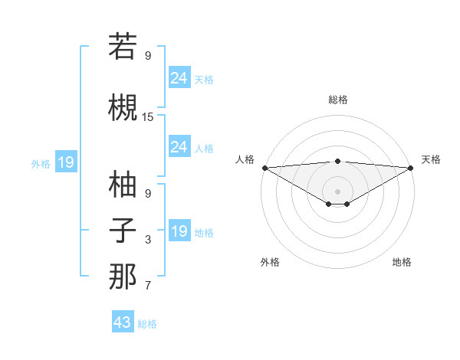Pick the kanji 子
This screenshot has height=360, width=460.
(123, 231)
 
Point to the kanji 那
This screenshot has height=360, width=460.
(123, 277)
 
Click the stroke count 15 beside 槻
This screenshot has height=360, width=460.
(148, 117)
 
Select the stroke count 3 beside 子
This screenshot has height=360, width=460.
(148, 241)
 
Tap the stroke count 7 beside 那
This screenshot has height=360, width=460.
(148, 286)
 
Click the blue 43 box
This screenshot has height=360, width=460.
(123, 322)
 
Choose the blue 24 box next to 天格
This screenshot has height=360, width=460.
(179, 77)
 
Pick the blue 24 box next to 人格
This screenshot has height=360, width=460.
(179, 146)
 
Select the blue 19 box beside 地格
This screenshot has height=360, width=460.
(179, 231)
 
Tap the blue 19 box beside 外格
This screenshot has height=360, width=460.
(65, 162)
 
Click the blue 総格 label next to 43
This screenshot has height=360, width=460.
(147, 324)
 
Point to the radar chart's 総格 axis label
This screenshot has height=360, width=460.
(337, 100)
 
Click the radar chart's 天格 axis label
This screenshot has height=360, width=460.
(431, 159)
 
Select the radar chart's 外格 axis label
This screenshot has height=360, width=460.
(270, 263)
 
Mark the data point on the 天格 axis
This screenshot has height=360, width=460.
(411, 168)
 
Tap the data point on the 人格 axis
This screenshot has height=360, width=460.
(264, 168)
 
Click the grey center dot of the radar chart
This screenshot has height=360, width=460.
(337, 191)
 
